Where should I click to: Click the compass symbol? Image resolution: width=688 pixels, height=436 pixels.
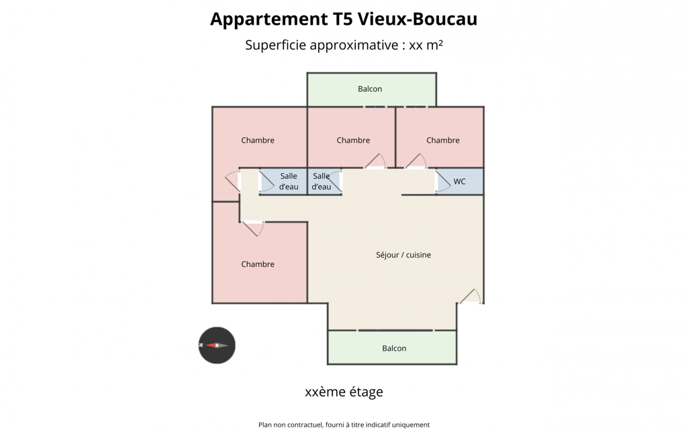[x=217, y=345]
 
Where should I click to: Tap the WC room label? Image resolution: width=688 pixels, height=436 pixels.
[x=459, y=182]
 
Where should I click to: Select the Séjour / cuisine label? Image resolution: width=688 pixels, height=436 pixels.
[x=403, y=255]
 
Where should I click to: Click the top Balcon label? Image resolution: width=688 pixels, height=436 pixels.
[x=370, y=89]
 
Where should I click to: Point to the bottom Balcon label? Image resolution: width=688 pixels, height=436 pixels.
[x=394, y=348]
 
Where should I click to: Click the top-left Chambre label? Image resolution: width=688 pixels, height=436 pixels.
[x=258, y=140]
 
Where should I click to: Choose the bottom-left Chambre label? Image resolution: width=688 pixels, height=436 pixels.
[x=258, y=264]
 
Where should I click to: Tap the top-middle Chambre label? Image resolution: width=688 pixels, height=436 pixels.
[x=353, y=140]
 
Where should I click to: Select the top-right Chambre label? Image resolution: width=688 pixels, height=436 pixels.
[x=443, y=140]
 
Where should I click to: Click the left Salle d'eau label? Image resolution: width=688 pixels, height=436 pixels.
[x=289, y=181]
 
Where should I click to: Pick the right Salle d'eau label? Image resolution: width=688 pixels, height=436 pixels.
[x=322, y=181]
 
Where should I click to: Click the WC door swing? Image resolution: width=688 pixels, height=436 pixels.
[x=443, y=182]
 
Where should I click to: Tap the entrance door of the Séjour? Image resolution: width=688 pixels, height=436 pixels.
[x=471, y=296]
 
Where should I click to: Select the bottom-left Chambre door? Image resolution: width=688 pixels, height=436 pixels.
[x=254, y=229]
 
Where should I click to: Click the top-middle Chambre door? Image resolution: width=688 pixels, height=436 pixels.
[x=376, y=161]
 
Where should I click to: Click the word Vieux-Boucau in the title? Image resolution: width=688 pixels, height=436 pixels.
[x=417, y=19]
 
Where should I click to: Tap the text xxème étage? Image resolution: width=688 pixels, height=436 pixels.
[x=344, y=392]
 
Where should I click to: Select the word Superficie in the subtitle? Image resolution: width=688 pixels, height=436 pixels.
[x=276, y=45]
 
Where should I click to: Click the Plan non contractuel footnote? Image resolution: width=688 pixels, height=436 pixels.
[x=344, y=425]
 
